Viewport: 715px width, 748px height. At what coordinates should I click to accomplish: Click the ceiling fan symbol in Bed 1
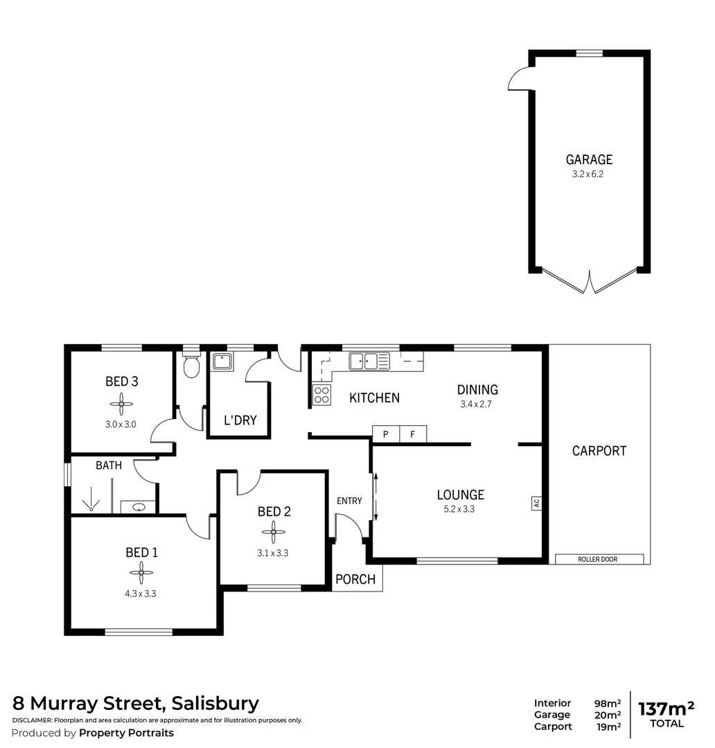141,572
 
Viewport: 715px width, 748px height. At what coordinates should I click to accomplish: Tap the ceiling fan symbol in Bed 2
274,532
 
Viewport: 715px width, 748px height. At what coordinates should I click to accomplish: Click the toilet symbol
191,366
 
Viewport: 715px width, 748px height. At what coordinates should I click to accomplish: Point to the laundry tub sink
222,362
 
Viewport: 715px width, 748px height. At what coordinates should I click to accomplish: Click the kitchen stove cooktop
321,395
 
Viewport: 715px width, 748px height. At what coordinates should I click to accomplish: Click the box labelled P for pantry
386,434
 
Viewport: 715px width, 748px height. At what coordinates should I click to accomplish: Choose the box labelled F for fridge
413,434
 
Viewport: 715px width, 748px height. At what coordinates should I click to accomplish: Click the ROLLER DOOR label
599,559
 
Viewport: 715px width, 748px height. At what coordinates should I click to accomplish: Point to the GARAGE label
589,160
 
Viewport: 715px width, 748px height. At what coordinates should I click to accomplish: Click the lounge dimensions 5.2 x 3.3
460,509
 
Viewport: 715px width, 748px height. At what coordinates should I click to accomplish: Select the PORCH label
355,579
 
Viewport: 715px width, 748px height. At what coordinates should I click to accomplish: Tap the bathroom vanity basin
138,507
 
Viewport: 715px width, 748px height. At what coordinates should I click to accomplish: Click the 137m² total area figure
667,709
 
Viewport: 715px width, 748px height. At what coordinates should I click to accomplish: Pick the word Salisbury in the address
216,704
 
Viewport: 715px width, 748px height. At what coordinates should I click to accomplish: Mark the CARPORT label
599,451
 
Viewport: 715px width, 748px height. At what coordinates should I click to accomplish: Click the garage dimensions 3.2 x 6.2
588,175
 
